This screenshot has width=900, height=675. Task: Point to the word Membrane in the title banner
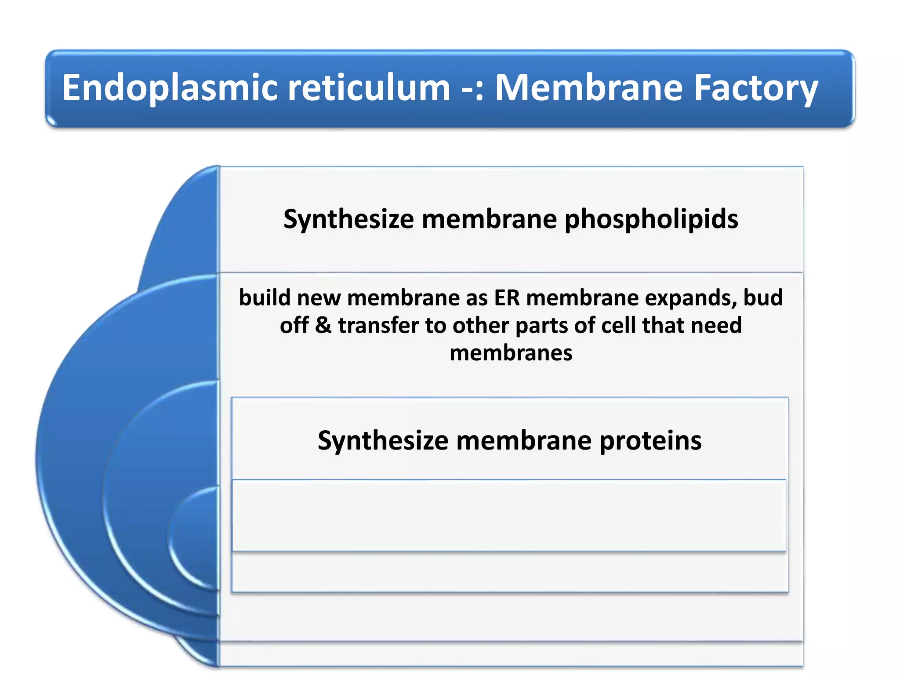click(589, 88)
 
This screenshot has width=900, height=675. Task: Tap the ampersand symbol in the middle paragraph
click(323, 326)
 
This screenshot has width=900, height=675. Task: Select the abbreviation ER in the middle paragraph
click(507, 298)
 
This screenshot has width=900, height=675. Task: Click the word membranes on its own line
click(511, 353)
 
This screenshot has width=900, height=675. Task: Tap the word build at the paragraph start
click(265, 298)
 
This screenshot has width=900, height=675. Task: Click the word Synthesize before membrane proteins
click(383, 440)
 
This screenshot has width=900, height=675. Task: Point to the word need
click(716, 326)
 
